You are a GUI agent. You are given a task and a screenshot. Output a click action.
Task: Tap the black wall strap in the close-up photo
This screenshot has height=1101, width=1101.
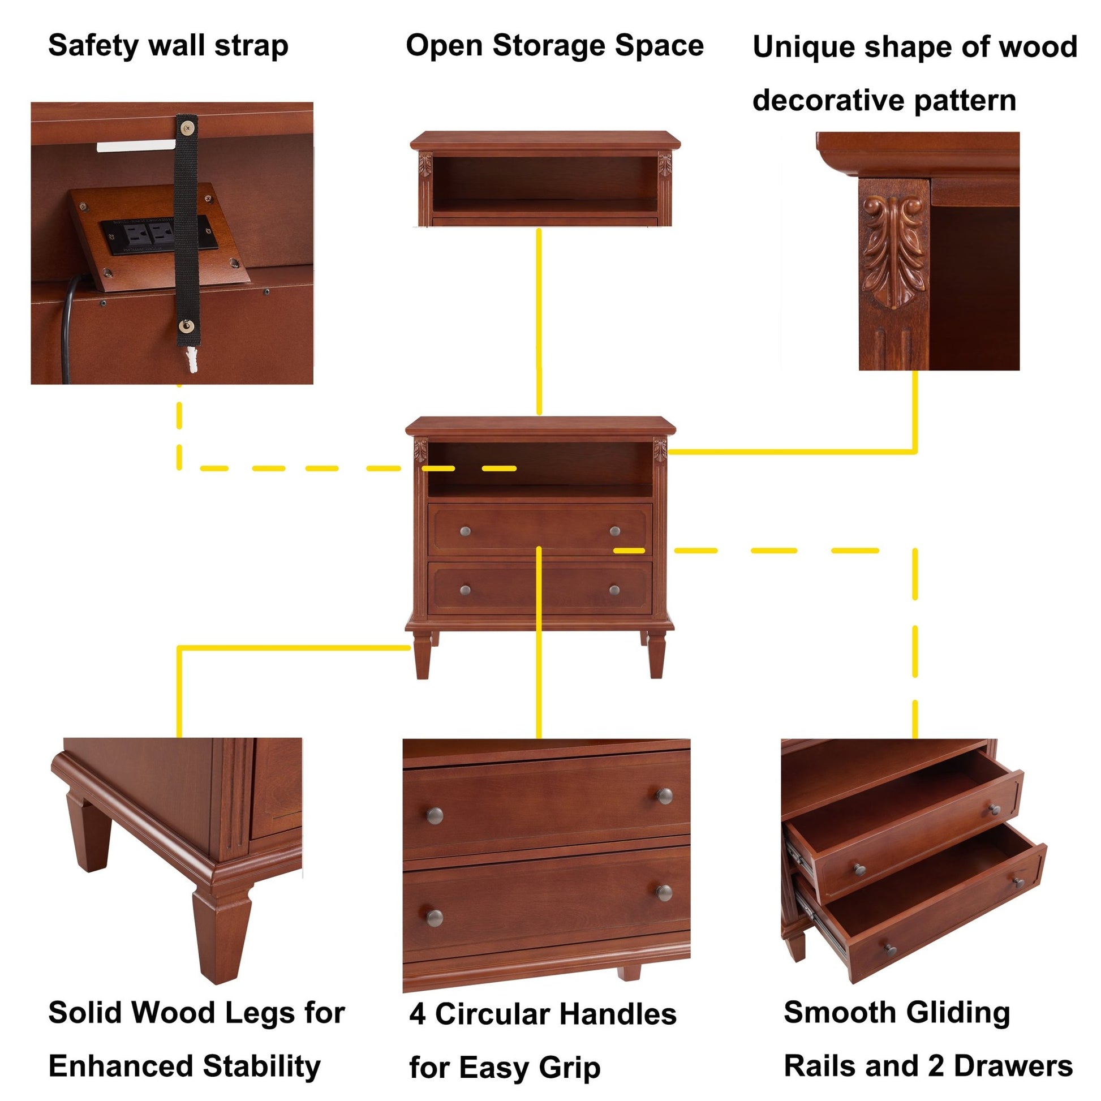tap(186, 239)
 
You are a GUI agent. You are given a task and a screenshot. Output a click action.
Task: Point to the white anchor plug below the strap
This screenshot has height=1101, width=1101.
tap(192, 359)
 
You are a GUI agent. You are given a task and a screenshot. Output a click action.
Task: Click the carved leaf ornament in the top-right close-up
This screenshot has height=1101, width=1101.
tap(893, 251)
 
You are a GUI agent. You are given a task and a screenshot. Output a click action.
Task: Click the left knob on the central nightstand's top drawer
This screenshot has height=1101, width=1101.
tap(465, 531)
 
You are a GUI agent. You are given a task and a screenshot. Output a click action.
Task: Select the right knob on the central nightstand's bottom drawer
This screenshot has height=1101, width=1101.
tap(614, 590)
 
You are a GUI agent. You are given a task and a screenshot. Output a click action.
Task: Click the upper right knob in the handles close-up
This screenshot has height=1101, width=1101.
tap(664, 796)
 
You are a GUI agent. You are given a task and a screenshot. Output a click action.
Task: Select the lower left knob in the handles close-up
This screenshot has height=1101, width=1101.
tap(435, 918)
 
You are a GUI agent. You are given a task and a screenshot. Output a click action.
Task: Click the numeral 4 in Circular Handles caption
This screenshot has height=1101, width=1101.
tap(418, 1015)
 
